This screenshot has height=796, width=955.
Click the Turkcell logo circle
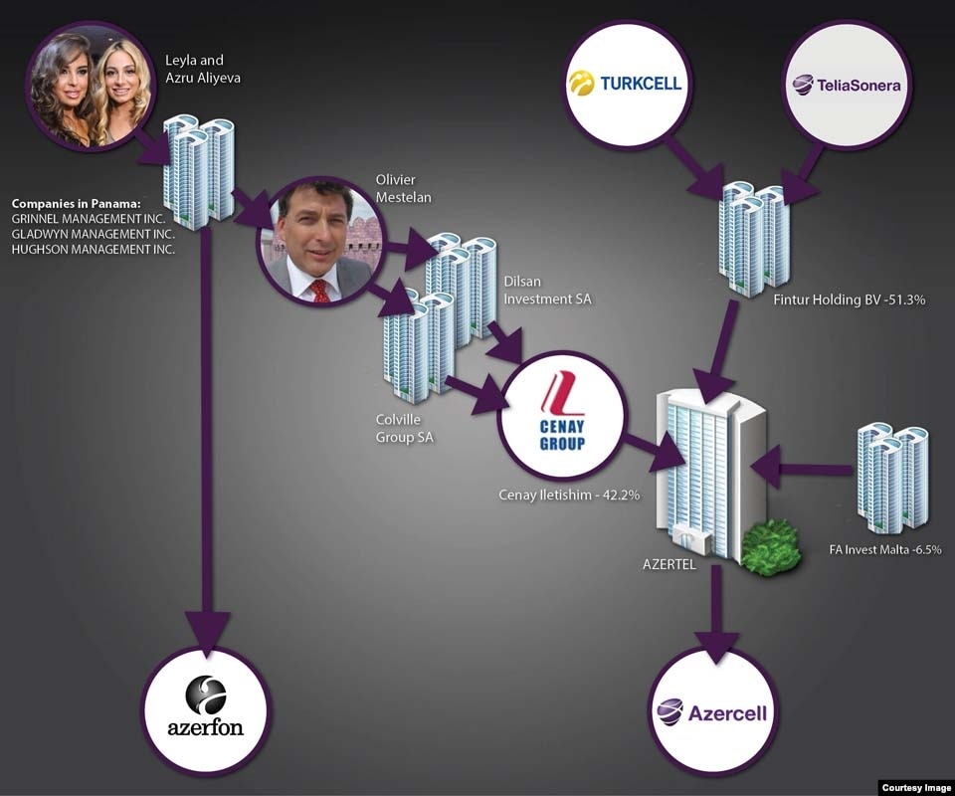click(626, 83)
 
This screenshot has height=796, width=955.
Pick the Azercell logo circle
click(712, 712)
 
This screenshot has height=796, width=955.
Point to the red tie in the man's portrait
click(319, 290)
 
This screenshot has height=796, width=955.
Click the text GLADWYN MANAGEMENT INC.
click(93, 233)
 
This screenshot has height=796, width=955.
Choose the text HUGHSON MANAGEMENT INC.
click(94, 249)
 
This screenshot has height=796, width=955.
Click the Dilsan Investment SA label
click(547, 291)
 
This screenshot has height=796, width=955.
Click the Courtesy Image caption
click(916, 787)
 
